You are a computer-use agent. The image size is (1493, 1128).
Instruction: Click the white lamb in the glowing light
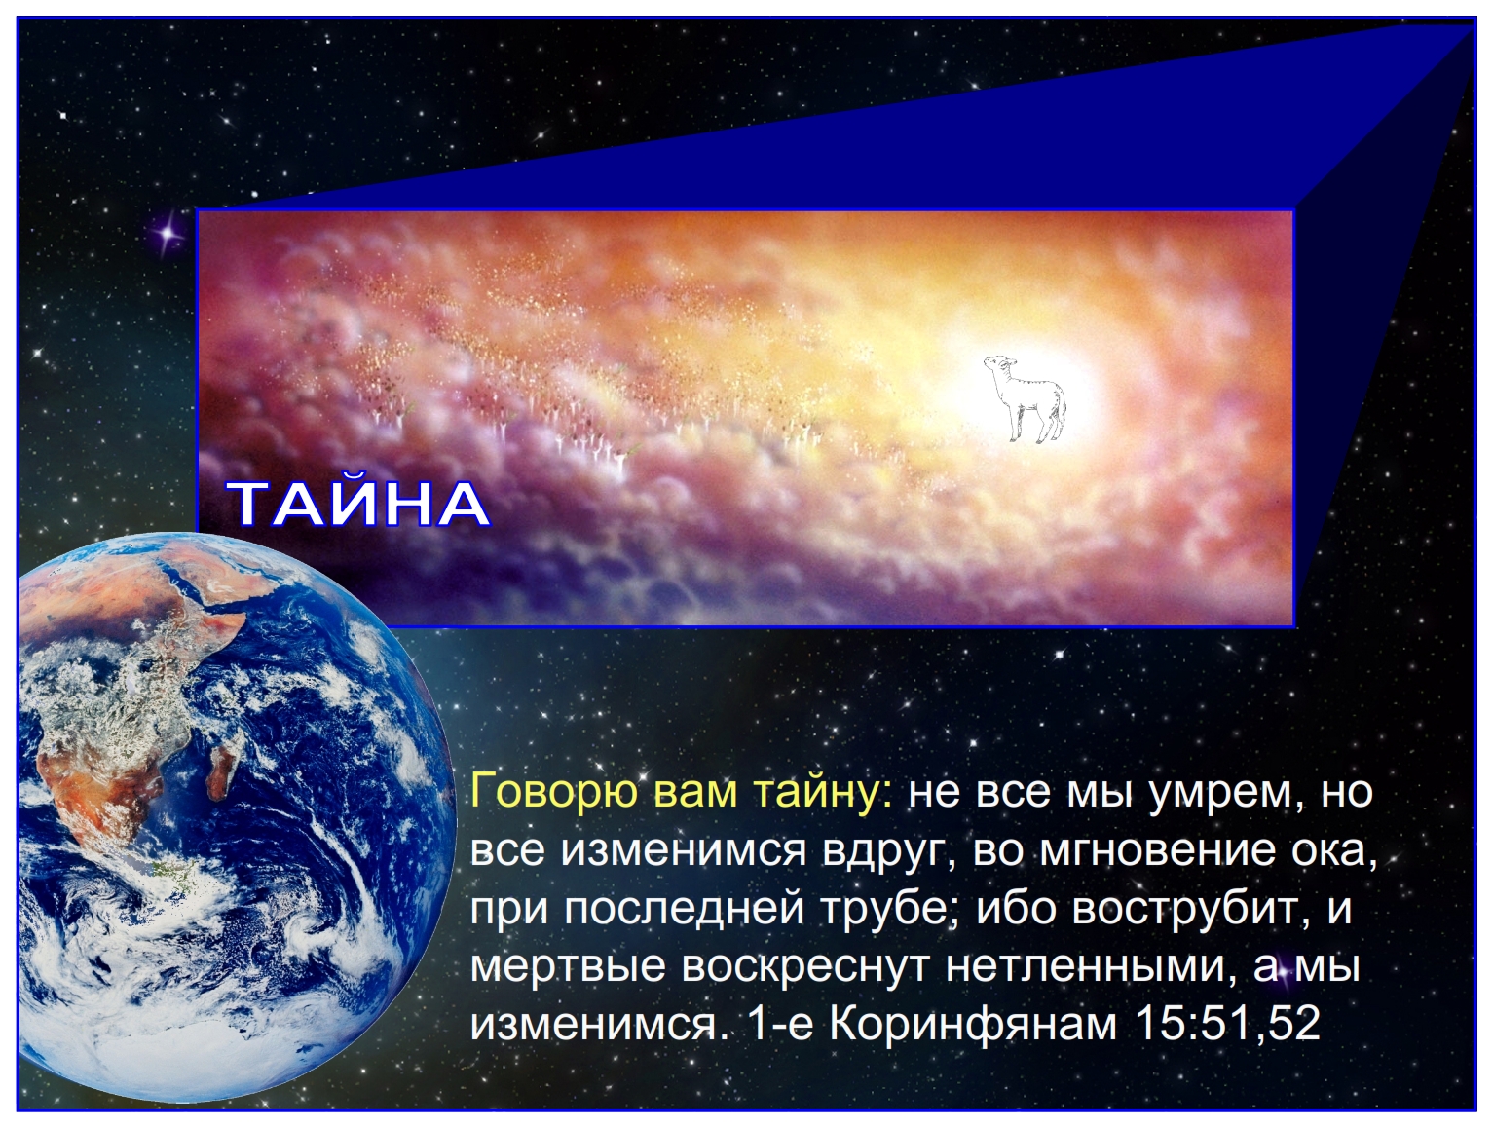(1024, 398)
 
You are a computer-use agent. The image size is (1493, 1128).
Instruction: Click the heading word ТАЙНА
(360, 505)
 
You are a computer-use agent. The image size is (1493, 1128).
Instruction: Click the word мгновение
(1158, 851)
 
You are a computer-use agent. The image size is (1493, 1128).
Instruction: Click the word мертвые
(568, 966)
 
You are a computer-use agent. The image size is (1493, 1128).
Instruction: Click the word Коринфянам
(974, 1024)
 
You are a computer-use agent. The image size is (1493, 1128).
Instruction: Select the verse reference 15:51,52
(1228, 1023)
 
